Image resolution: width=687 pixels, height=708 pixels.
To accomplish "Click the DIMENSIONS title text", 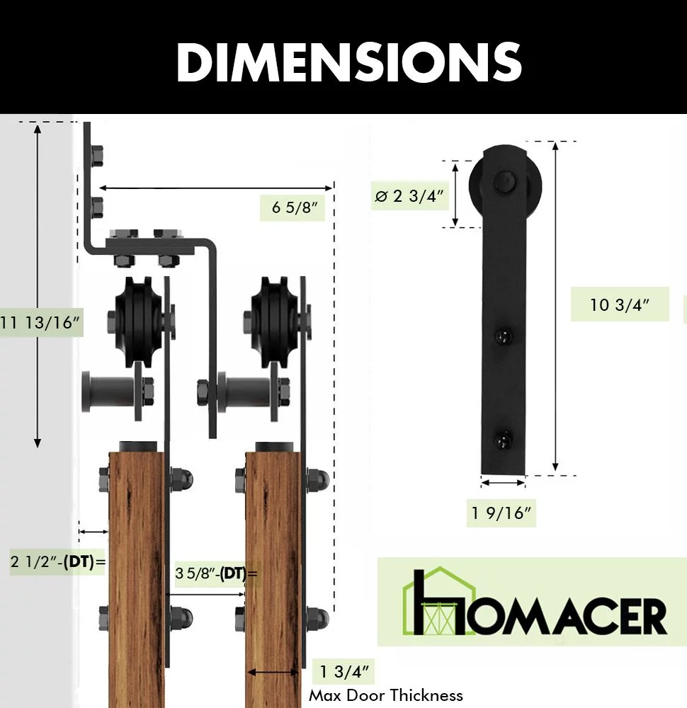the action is pyautogui.click(x=348, y=62).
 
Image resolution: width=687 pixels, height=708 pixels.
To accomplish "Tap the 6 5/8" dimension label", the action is pyautogui.click(x=295, y=207).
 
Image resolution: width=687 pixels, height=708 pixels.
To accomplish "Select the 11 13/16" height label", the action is pyautogui.click(x=40, y=322).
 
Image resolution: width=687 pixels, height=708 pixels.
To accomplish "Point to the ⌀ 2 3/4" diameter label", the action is pyautogui.click(x=409, y=196).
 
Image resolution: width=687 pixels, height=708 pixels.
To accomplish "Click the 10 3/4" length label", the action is pyautogui.click(x=619, y=304).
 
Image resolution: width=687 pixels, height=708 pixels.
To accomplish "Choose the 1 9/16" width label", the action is pyautogui.click(x=501, y=513).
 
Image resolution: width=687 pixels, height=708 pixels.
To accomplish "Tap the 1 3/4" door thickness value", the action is pyautogui.click(x=344, y=671).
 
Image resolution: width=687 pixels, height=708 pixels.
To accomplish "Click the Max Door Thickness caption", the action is pyautogui.click(x=386, y=695).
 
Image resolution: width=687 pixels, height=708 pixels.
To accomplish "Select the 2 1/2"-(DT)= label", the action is pyautogui.click(x=58, y=561).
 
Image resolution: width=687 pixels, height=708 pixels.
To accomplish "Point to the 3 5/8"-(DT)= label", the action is pyautogui.click(x=216, y=573).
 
